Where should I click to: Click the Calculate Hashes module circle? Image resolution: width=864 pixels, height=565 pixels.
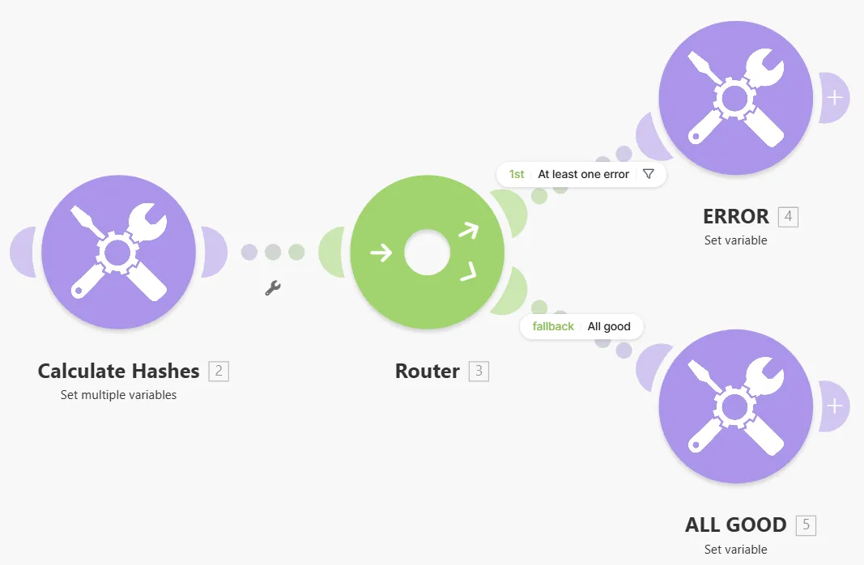pos(118,252)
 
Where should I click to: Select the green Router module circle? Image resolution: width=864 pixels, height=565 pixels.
pos(427,252)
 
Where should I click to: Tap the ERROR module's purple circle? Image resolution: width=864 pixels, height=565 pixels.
pos(735,97)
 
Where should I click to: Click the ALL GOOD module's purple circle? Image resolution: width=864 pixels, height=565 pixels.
pos(735,406)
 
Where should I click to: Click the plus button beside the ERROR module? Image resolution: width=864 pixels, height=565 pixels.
pos(835,97)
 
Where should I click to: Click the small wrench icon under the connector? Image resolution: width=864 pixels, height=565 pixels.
pos(273,288)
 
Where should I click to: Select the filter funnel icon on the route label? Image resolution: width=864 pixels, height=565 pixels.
pos(649,174)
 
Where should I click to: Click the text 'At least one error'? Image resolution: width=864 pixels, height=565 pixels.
pos(583,174)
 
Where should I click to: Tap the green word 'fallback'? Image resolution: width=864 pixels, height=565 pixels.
pos(553,326)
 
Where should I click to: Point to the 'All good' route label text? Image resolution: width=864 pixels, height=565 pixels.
pos(609,326)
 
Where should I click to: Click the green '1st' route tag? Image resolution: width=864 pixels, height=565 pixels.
pos(517,174)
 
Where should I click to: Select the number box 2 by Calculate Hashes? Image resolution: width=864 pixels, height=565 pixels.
pos(219,372)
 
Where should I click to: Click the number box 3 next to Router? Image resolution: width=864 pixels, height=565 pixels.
pos(479,372)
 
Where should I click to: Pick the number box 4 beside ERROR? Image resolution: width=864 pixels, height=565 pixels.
pos(788,216)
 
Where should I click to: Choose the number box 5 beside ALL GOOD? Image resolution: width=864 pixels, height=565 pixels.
pos(807,525)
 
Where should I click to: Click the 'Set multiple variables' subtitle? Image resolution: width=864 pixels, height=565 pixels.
pos(118,395)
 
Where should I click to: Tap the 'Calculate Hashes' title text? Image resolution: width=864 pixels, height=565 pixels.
pos(118,372)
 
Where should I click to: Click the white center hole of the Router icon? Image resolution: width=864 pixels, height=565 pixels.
pos(427,253)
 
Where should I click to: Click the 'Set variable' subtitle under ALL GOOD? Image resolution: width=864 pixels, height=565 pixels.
pos(735,549)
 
